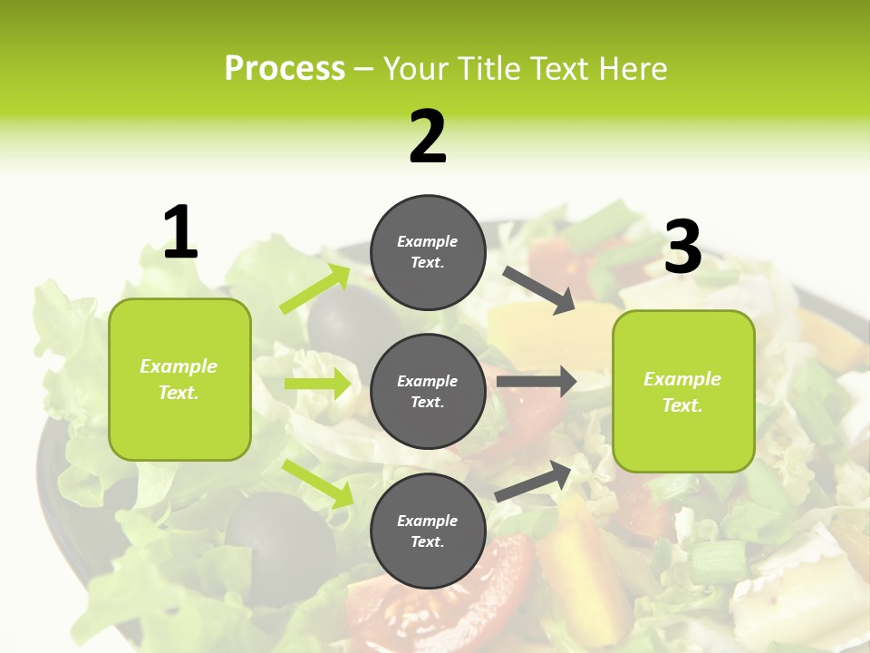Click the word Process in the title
(x=285, y=68)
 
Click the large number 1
(x=180, y=233)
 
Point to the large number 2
(x=428, y=138)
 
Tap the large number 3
(x=683, y=248)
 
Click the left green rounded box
(x=179, y=379)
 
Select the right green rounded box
(x=683, y=392)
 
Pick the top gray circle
(x=428, y=252)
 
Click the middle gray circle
(x=428, y=391)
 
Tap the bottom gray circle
(x=428, y=531)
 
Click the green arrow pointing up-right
(x=315, y=289)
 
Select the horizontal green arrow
(x=317, y=384)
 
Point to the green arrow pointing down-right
(x=317, y=482)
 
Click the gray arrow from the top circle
(x=539, y=289)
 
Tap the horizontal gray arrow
(x=536, y=381)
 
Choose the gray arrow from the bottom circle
(x=534, y=482)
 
